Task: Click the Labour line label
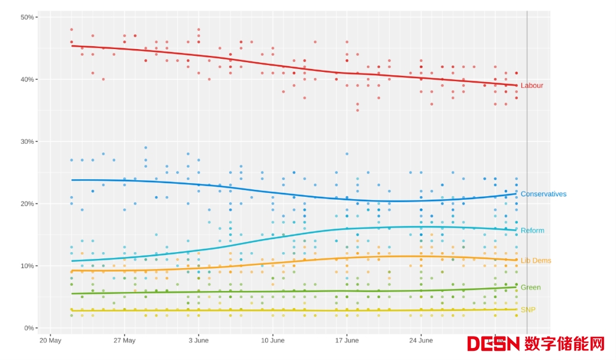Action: pyautogui.click(x=532, y=86)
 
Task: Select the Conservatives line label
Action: pyautogui.click(x=543, y=194)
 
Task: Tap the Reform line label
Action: pyautogui.click(x=532, y=230)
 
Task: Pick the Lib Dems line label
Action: pyautogui.click(x=536, y=261)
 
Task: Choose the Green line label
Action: pyautogui.click(x=530, y=288)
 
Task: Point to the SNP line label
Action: pyautogui.click(x=528, y=310)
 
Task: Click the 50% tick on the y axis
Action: pyautogui.click(x=27, y=17)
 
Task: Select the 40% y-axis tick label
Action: pyautogui.click(x=27, y=79)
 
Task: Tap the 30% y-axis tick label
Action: pyautogui.click(x=27, y=141)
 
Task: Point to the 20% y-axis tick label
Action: pyautogui.click(x=27, y=204)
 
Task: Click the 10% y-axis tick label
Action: pyautogui.click(x=27, y=266)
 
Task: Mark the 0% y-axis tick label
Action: pyautogui.click(x=29, y=328)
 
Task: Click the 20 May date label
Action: pyautogui.click(x=50, y=341)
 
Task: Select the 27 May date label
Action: pyautogui.click(x=124, y=341)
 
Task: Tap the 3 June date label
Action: pyautogui.click(x=198, y=341)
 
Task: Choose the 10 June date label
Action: pyautogui.click(x=273, y=341)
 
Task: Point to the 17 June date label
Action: pyautogui.click(x=347, y=341)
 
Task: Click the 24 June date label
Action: pyautogui.click(x=421, y=341)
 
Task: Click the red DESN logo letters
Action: pyautogui.click(x=494, y=343)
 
